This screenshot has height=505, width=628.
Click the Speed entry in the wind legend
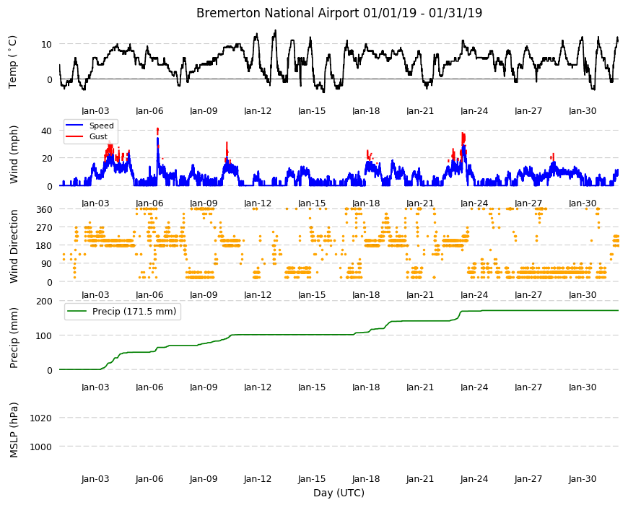click(101, 126)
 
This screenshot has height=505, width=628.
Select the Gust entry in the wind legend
click(98, 136)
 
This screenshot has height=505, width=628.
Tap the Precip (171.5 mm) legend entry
click(134, 312)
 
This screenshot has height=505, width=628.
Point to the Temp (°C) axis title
click(13, 62)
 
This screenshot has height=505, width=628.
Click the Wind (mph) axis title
click(14, 154)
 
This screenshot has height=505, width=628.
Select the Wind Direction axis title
click(14, 246)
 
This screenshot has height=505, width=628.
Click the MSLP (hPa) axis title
click(14, 430)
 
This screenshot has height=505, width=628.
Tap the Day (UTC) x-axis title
click(339, 493)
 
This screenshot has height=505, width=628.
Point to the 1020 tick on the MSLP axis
click(40, 418)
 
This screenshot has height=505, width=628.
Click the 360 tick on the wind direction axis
click(44, 209)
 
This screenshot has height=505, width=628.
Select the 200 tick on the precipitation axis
click(44, 301)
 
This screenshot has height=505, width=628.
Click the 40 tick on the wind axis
click(46, 131)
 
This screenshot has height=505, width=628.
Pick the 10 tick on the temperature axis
click(46, 44)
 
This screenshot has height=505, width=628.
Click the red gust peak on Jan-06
click(157, 131)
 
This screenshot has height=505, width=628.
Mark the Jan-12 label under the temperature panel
click(258, 111)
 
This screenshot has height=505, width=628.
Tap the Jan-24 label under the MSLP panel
click(474, 479)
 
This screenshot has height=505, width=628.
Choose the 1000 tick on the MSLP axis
click(40, 447)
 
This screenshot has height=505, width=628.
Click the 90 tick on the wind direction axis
click(47, 264)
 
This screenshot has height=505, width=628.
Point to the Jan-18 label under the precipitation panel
click(366, 387)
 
